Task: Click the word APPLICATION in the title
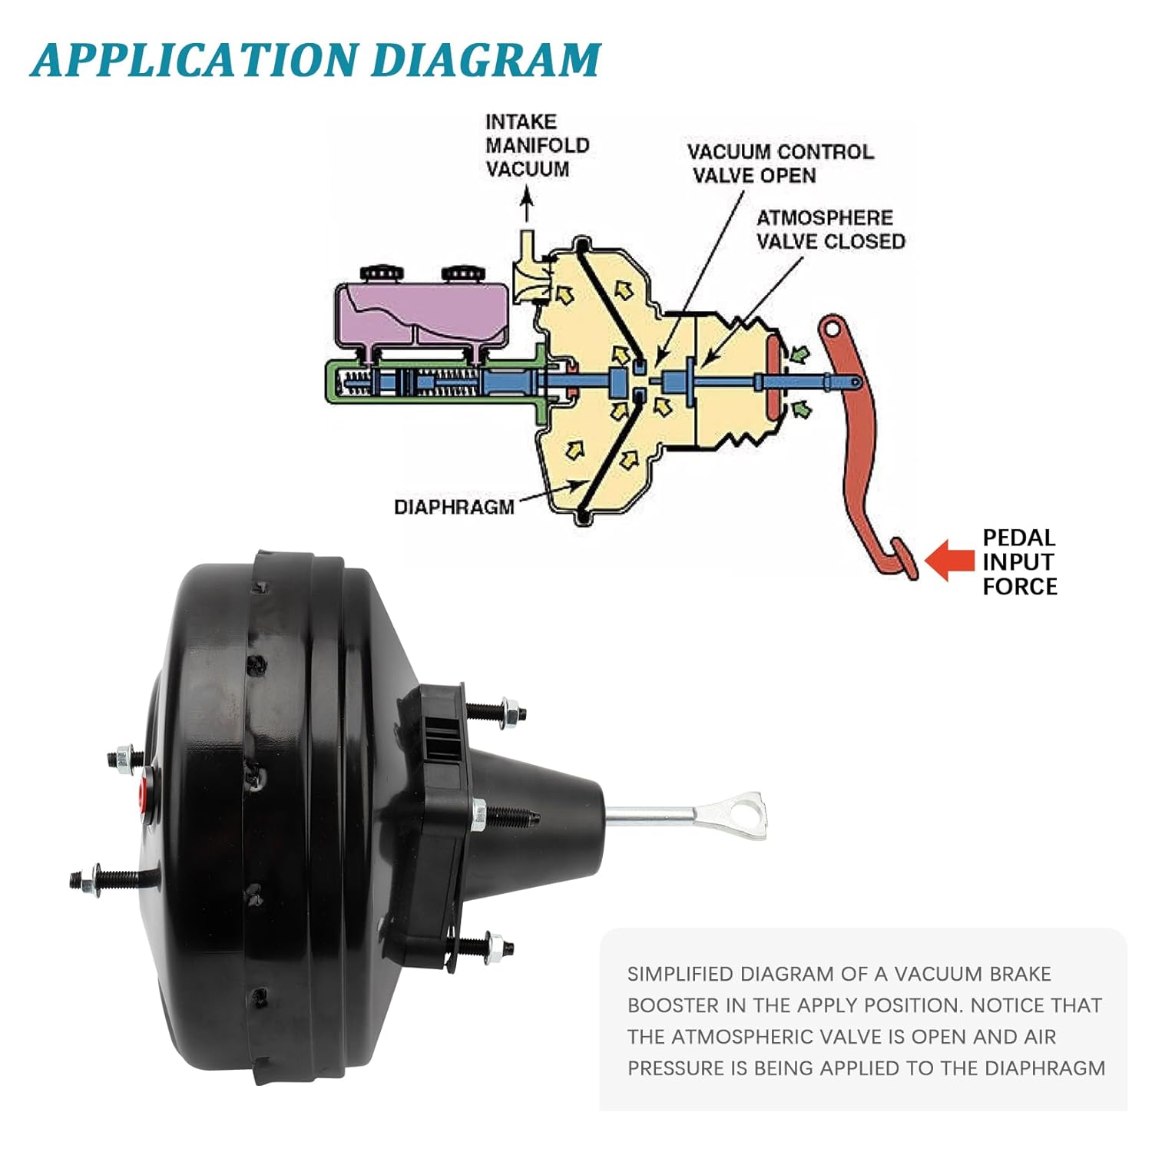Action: coord(196,60)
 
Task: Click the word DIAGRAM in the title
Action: coord(485,60)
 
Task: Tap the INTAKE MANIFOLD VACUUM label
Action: coord(537,145)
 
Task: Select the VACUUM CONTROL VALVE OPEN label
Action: coord(779,164)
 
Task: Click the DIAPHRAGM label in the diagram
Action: coord(453,507)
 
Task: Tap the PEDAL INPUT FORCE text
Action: coord(1019,561)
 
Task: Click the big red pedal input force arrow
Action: coord(951,561)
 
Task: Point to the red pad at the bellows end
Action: coord(776,380)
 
